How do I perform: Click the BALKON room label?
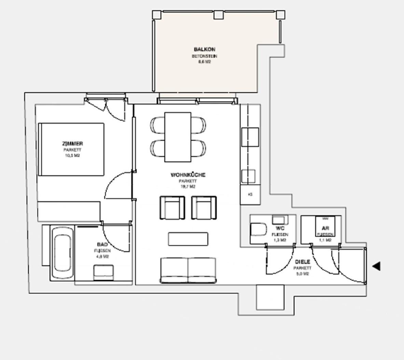205,50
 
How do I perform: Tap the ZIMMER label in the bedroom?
72,144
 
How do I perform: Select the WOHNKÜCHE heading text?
188,175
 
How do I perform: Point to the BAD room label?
102,245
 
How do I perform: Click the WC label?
280,228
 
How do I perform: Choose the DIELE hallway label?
302,262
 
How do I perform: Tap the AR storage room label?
325,228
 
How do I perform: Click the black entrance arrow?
376,266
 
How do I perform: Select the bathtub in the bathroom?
62,252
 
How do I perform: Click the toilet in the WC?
259,230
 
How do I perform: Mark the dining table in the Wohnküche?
178,137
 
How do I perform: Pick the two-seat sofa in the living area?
188,270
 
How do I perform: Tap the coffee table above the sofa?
188,239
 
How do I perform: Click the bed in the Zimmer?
71,149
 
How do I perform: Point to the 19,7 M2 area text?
188,187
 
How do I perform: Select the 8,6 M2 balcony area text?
204,62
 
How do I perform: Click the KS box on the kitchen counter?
250,194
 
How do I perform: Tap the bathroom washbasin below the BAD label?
104,272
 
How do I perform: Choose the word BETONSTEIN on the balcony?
204,56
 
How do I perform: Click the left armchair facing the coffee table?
172,208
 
